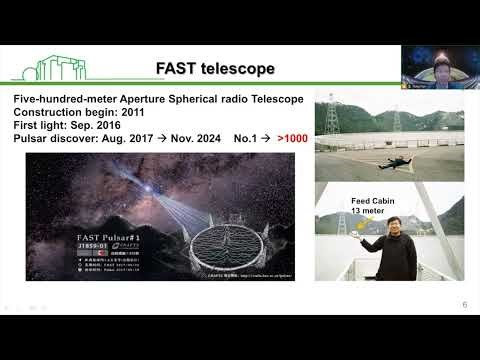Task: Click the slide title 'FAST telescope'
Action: [x=216, y=68]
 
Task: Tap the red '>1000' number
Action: [x=292, y=137]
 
